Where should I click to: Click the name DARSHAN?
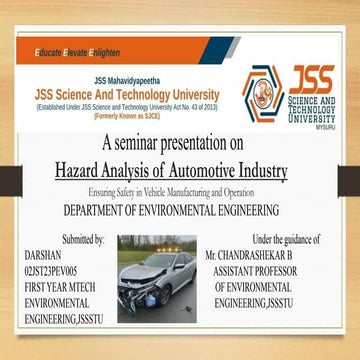tap(41, 256)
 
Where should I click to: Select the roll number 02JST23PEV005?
tap(56, 271)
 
